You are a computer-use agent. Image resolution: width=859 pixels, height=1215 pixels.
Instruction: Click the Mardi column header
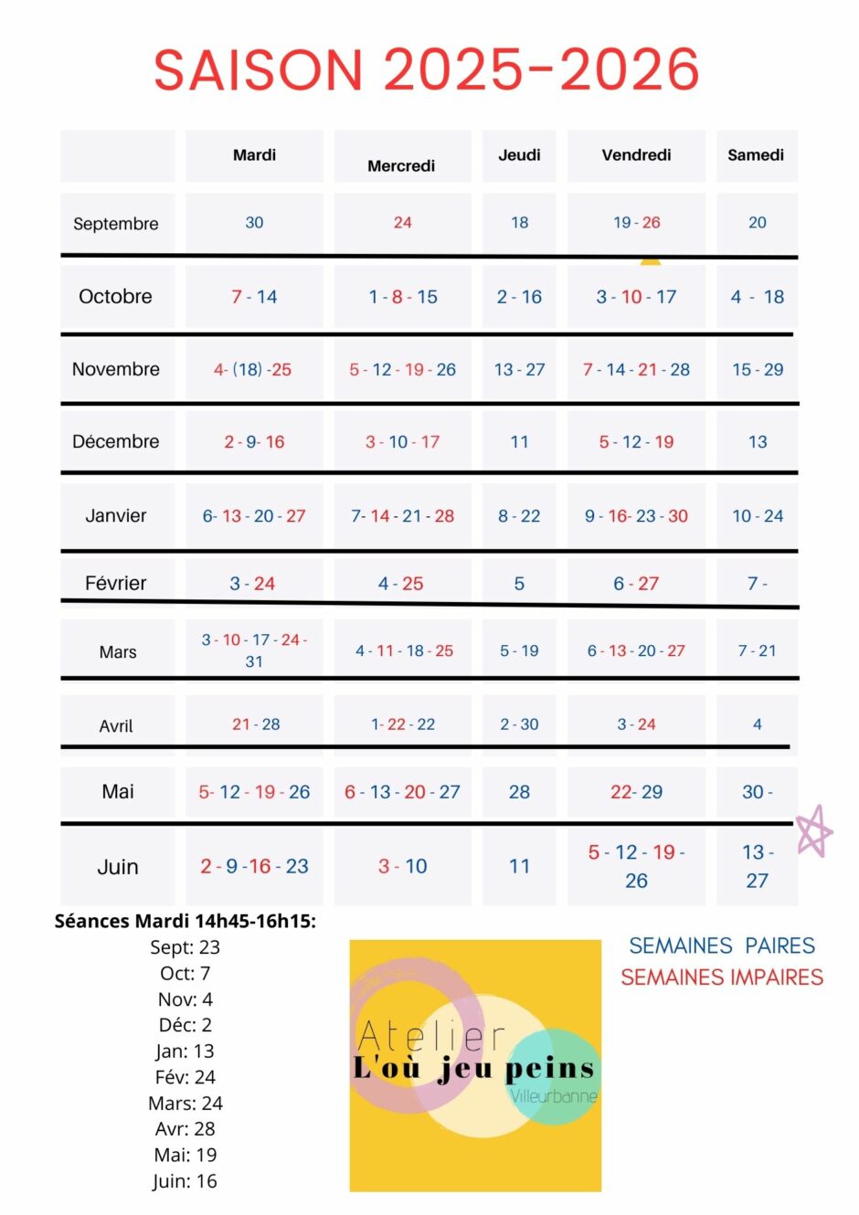(x=254, y=155)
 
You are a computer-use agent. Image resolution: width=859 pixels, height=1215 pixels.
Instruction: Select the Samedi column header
(x=756, y=155)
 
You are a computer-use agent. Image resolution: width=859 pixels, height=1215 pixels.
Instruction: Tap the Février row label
(x=115, y=583)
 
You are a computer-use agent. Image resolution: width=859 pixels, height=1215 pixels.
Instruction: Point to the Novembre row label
(x=115, y=369)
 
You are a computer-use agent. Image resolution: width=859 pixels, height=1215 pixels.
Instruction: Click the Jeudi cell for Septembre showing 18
(x=519, y=222)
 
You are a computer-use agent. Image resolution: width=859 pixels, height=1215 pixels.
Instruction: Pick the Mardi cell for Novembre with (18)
(x=252, y=369)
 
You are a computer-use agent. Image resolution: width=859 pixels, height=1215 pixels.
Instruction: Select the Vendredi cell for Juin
(x=637, y=866)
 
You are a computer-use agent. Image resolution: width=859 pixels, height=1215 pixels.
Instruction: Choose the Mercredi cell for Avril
(x=403, y=724)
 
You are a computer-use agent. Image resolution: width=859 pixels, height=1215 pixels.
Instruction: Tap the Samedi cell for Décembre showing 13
(x=758, y=441)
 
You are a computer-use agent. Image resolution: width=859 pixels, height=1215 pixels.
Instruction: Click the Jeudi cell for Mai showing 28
(x=519, y=792)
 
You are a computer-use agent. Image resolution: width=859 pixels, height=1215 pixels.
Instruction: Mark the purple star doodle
(x=814, y=831)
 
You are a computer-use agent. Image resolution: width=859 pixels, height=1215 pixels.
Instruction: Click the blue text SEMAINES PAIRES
(x=722, y=946)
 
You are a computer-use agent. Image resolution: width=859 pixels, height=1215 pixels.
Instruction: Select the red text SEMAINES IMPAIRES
(x=722, y=977)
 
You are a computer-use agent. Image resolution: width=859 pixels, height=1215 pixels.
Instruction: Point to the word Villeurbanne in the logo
(x=554, y=1096)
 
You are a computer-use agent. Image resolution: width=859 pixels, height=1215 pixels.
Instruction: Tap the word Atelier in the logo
(x=431, y=1035)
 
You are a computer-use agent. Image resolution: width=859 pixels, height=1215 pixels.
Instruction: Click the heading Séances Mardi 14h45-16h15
(x=185, y=921)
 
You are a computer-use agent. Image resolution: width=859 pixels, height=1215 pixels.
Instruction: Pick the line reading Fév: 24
(x=185, y=1077)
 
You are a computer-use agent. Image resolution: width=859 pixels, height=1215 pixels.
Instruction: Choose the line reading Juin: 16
(x=185, y=1181)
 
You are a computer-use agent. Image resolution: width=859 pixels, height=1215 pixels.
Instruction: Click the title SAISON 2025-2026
(x=427, y=69)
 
